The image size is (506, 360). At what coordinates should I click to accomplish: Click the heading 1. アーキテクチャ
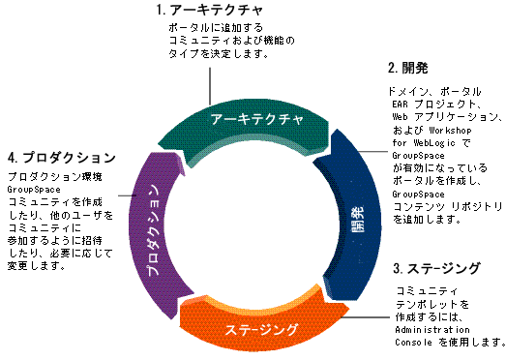pyautogui.click(x=210, y=10)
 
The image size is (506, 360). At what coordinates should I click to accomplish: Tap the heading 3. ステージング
pyautogui.click(x=436, y=267)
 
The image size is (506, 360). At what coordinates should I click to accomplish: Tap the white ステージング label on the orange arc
pyautogui.click(x=260, y=329)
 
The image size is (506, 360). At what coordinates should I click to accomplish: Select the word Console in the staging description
pyautogui.click(x=418, y=343)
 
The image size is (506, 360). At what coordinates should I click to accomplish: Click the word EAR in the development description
pyautogui.click(x=401, y=104)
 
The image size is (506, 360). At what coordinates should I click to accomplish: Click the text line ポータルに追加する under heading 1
pyautogui.click(x=211, y=29)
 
